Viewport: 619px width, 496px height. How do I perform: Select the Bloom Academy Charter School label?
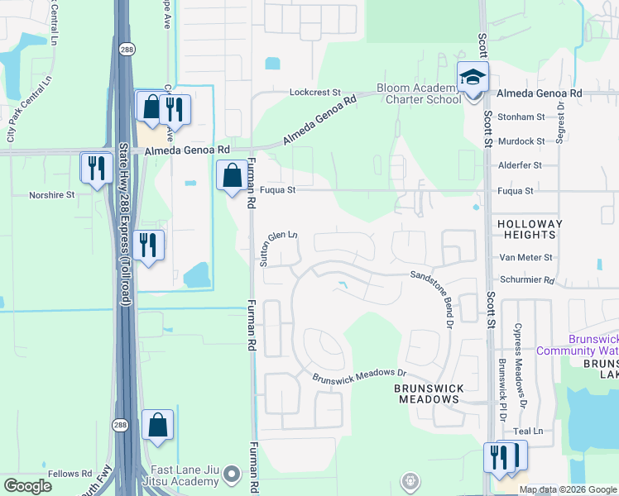[x=418, y=93]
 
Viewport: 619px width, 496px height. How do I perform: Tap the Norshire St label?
[x=52, y=195]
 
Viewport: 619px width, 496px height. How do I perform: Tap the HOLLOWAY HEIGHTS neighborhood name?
[x=530, y=230]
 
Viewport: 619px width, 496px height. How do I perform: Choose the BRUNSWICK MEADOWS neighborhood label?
[x=426, y=393]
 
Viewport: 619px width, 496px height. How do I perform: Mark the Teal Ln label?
[x=526, y=431]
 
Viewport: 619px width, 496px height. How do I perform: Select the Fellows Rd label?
[x=70, y=474]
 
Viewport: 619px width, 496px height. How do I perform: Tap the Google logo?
[x=27, y=486]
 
